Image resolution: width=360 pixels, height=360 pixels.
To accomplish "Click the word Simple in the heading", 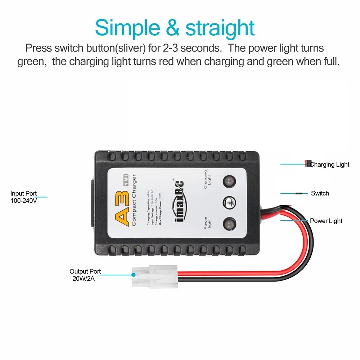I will tap(127, 28).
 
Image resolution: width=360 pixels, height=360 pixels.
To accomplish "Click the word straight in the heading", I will tap(220, 28).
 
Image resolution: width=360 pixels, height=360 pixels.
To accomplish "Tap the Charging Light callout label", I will tap(329, 165).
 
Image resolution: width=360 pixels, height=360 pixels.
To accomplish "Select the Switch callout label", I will tap(320, 193).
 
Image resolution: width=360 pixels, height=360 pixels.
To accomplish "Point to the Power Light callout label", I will tap(326, 221).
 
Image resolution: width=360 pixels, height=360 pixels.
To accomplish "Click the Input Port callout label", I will tap(23, 194).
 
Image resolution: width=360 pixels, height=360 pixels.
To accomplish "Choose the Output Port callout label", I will tap(85, 271).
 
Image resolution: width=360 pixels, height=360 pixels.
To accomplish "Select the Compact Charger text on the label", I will tap(134, 200).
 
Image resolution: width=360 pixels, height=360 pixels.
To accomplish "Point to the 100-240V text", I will tap(24, 201).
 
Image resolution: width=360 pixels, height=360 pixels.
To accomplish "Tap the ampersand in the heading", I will tap(172, 28).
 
